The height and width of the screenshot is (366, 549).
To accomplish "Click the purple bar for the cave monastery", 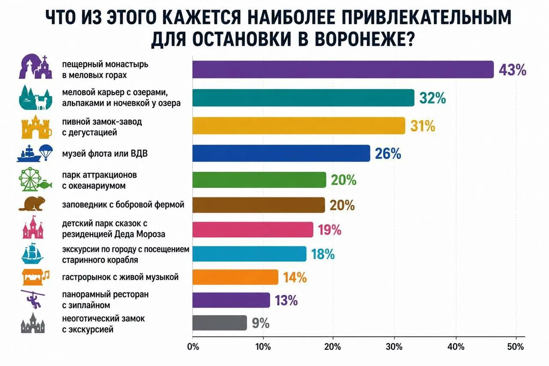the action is [x=343, y=70].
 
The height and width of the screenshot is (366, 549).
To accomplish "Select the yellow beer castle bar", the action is [x=299, y=126].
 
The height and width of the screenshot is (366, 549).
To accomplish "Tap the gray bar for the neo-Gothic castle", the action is [x=220, y=323].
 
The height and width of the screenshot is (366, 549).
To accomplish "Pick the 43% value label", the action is [x=513, y=70].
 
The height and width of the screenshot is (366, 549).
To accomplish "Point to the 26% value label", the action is [x=388, y=154].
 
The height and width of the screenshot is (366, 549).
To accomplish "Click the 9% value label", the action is [x=261, y=323].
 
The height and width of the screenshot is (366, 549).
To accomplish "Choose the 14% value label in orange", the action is [x=295, y=278].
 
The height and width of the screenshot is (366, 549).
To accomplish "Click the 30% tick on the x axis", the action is [x=394, y=347].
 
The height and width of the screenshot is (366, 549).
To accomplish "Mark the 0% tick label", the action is [x=193, y=347].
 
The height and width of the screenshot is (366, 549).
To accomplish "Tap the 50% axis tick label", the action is [x=516, y=347].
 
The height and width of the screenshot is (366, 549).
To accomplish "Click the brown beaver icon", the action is [x=32, y=203].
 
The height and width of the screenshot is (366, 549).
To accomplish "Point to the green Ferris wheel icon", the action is [x=30, y=179].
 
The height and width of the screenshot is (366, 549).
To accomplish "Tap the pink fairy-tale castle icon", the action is [x=33, y=227].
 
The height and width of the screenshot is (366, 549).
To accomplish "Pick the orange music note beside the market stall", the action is [x=46, y=275].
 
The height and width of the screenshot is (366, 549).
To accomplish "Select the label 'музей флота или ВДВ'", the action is [x=105, y=154].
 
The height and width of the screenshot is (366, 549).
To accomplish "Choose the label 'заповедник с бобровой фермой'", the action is [x=123, y=204].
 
